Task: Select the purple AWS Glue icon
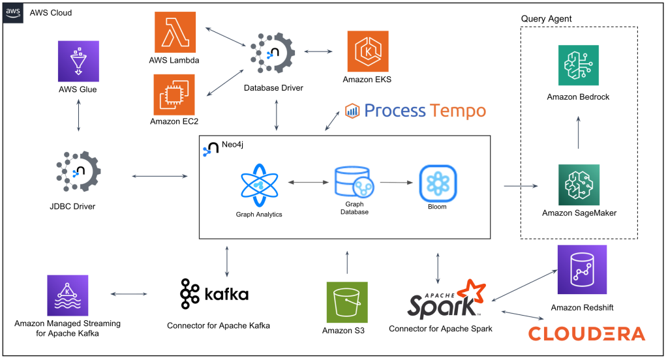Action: (78, 61)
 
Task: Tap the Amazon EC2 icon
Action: (174, 94)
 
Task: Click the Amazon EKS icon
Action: (368, 51)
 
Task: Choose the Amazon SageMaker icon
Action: (579, 185)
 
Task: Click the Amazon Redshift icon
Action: (579, 270)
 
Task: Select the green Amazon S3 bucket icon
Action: (347, 301)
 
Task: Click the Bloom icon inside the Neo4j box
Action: (438, 184)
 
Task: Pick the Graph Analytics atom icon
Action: (260, 185)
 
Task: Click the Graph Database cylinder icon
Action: (350, 184)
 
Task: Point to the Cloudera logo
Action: (586, 334)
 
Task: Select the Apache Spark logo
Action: (446, 300)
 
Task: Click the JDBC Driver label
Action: (78, 207)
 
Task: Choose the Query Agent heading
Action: (546, 18)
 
